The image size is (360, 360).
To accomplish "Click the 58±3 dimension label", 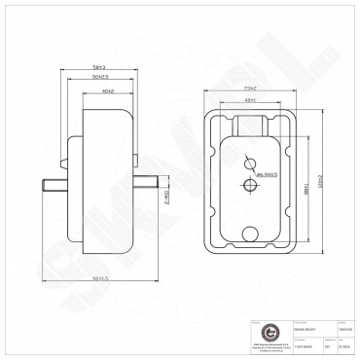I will coord(95,67).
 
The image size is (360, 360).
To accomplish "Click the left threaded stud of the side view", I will coord(52,184).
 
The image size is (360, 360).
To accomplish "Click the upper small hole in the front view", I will coord(249,160).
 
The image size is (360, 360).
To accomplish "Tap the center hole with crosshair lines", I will coord(250,184).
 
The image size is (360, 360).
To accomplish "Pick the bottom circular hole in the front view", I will coord(251,232).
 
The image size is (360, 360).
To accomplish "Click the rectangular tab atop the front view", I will coord(249,123).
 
